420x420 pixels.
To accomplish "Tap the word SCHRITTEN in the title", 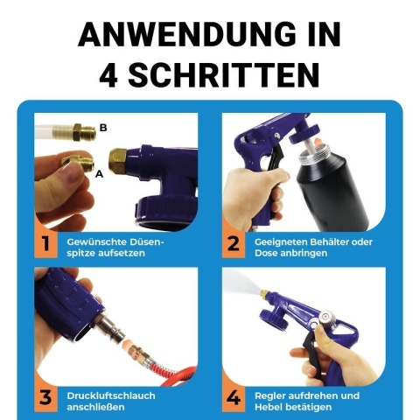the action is (223, 75).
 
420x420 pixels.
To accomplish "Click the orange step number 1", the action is (45, 244).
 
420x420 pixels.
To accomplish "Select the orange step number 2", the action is (233, 244).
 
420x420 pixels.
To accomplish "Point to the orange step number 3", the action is (45, 398).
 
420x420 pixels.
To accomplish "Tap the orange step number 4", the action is (234, 398).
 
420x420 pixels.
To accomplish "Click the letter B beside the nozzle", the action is (103, 128).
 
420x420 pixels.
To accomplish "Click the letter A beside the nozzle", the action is (100, 174).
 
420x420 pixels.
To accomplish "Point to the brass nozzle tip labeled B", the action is (85, 132).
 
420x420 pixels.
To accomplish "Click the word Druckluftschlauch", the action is (111, 396).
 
